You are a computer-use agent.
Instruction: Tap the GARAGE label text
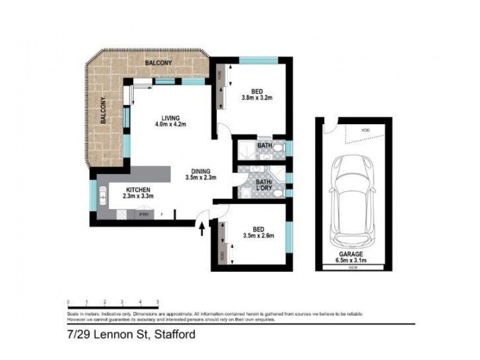[x=353, y=254]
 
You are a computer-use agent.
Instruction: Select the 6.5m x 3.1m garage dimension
[x=353, y=261]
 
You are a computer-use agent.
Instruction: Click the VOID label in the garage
[x=365, y=129]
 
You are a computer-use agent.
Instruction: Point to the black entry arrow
[x=202, y=229]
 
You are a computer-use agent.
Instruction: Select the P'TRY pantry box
[x=144, y=214]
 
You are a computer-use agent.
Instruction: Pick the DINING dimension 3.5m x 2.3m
[x=200, y=178]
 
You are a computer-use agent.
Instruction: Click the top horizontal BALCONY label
[x=158, y=63]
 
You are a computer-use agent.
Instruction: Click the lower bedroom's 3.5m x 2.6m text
[x=259, y=235]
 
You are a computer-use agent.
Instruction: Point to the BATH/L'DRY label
[x=265, y=184]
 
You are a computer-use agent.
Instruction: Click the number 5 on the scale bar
[x=158, y=302]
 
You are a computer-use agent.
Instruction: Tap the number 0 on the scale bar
[x=68, y=302]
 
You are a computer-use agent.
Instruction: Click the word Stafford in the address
[x=175, y=334]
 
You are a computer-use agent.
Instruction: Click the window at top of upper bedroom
[x=258, y=59]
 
